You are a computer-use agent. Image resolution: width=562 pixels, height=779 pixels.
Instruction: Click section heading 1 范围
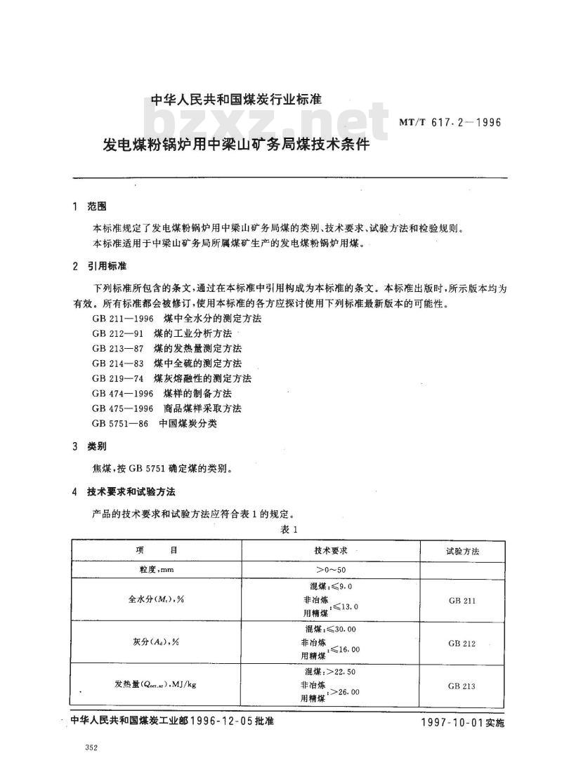click(x=91, y=206)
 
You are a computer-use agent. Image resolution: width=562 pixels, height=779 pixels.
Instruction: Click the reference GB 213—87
click(x=111, y=348)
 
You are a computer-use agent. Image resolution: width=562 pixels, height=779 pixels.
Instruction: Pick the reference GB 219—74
click(x=111, y=378)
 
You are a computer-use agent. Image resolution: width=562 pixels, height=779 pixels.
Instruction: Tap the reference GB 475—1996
click(x=116, y=408)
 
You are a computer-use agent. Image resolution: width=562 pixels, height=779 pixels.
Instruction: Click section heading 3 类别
click(x=91, y=446)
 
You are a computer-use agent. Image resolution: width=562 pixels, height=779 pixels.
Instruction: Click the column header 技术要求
click(x=331, y=550)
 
